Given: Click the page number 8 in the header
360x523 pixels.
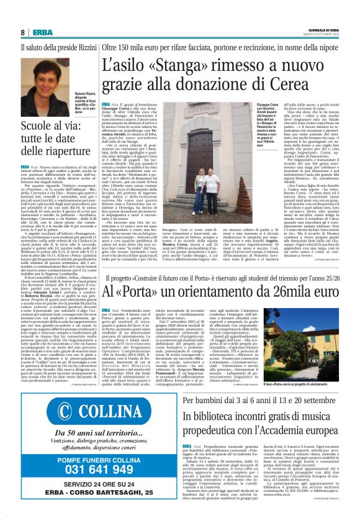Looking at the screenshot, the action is point(22,32).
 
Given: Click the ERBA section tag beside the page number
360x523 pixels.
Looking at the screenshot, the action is point(42,32).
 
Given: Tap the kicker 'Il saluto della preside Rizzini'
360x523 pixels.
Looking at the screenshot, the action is point(57,47).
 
